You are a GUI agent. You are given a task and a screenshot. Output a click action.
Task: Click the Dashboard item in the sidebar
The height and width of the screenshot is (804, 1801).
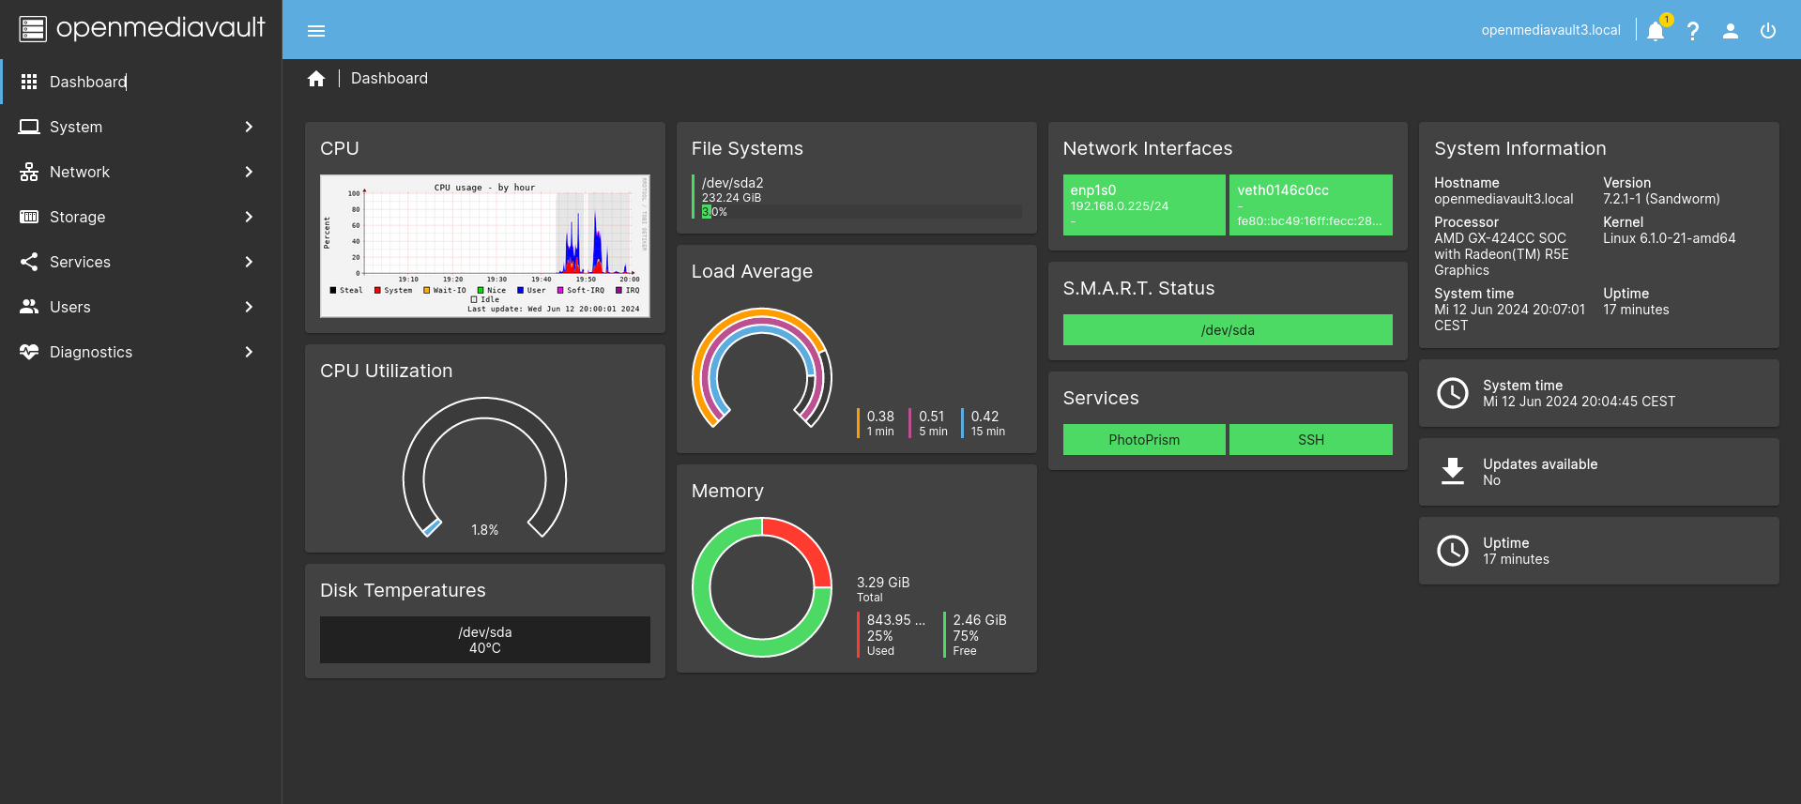coord(88,82)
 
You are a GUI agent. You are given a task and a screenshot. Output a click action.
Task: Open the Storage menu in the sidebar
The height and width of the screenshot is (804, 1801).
coord(78,217)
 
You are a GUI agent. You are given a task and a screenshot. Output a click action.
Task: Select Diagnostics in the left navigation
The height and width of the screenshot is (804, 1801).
coord(91,352)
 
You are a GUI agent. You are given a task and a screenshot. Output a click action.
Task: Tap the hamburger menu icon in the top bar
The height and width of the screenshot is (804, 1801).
coord(316,31)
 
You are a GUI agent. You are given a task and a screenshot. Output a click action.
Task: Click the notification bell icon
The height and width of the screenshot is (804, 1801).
coord(1656,31)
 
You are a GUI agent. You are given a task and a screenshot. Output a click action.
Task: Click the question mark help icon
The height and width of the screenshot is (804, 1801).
coord(1693,31)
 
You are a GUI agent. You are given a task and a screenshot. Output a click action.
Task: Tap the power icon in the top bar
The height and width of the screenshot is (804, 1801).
coord(1768,31)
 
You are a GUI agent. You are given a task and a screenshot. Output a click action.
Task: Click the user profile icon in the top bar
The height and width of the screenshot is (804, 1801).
coord(1731,31)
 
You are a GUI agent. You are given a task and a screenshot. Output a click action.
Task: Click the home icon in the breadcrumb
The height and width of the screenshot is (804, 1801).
coord(316,79)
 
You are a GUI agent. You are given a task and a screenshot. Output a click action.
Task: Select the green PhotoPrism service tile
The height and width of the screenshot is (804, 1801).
coord(1143,440)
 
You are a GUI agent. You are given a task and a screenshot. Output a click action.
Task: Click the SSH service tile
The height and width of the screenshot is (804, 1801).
coord(1310,440)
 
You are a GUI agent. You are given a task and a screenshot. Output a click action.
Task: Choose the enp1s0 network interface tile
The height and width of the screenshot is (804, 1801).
coord(1143,205)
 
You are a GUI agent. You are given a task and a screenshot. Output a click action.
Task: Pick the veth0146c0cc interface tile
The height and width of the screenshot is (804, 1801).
coord(1310,205)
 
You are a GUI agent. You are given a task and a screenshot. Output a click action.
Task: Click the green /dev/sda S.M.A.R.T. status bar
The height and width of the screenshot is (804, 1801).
coord(1228,330)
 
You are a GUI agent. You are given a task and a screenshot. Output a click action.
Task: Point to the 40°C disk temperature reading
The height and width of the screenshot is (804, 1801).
coord(485,648)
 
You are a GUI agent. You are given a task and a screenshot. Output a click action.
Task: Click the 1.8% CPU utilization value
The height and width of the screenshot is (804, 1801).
coord(485,530)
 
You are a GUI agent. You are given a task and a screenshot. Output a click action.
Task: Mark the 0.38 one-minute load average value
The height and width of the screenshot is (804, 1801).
coord(880,417)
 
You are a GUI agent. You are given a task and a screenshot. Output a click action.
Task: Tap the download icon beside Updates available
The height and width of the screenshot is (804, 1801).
coord(1453,471)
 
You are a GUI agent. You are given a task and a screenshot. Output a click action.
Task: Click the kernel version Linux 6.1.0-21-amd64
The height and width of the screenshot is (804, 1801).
coord(1669,238)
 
